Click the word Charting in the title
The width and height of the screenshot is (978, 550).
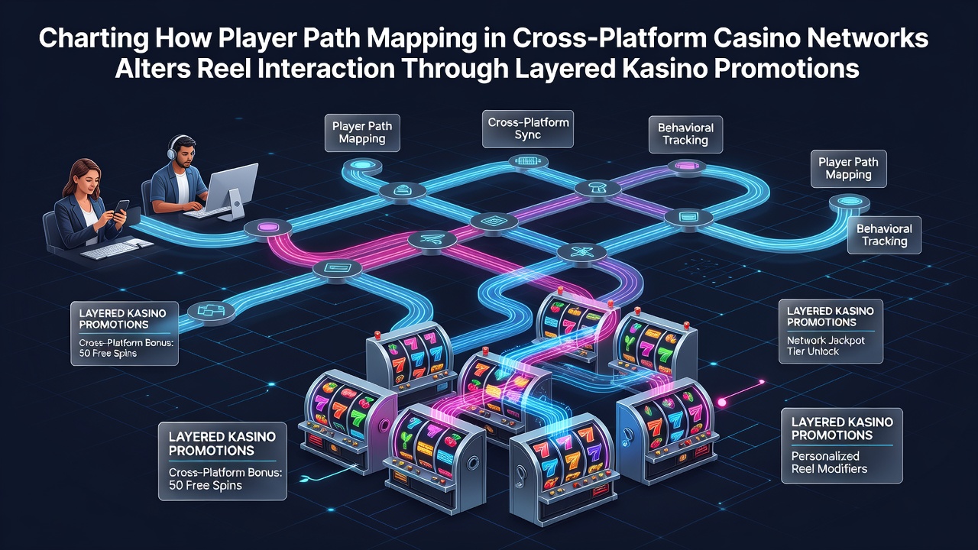point(93,38)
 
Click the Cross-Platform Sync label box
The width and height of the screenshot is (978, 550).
point(528,129)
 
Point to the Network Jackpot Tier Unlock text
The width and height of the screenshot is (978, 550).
point(826,346)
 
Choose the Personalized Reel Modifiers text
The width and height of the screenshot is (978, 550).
point(829,462)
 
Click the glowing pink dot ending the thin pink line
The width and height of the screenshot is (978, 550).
point(722,403)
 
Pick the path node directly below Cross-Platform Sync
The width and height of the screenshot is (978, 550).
point(528,161)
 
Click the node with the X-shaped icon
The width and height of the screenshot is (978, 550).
point(582,252)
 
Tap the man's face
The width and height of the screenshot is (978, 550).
point(186,154)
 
